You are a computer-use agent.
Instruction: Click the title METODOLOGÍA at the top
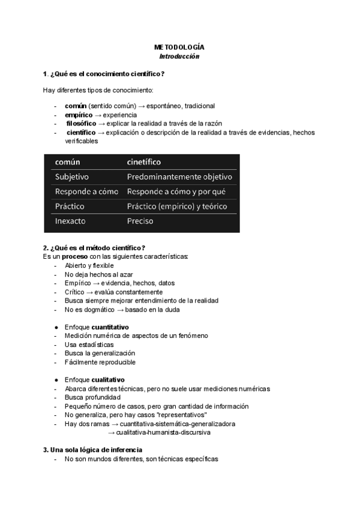coord(179,47)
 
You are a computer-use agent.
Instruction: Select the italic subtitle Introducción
coord(179,56)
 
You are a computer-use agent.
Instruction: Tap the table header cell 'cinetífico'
coord(143,162)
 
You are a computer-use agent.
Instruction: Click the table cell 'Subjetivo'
coord(72,177)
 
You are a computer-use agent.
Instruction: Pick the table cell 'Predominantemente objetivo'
coord(179,177)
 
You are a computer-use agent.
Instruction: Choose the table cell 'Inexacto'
coord(70,221)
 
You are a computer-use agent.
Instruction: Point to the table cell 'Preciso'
coord(140,221)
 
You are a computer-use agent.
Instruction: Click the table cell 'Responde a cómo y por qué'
coord(176,192)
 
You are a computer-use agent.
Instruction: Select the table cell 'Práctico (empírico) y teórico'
coord(176,206)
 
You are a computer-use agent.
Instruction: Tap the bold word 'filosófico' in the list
coord(81,123)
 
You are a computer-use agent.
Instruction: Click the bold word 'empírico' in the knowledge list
coord(79,114)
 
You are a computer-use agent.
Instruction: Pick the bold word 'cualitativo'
coord(108,380)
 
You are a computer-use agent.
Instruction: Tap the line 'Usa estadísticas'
coord(89,345)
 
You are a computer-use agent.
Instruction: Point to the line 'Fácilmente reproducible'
coord(100,362)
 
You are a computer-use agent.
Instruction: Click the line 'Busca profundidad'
coord(92,397)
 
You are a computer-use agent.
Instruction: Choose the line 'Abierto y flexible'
coord(89,265)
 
